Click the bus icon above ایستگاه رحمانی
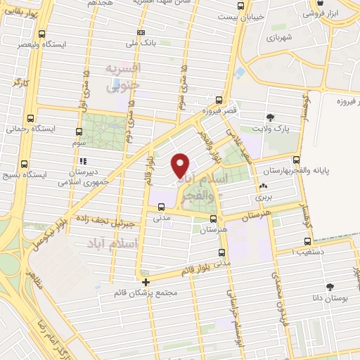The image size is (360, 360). click(x=30, y=118)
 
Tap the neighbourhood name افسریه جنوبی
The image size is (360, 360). click(x=124, y=77)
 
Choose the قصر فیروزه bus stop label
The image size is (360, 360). click(x=217, y=111)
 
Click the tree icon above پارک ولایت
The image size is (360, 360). click(x=271, y=117)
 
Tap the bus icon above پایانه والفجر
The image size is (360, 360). click(x=296, y=160)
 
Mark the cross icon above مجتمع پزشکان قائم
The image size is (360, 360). click(x=146, y=282)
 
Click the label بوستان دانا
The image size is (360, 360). click(x=330, y=298)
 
